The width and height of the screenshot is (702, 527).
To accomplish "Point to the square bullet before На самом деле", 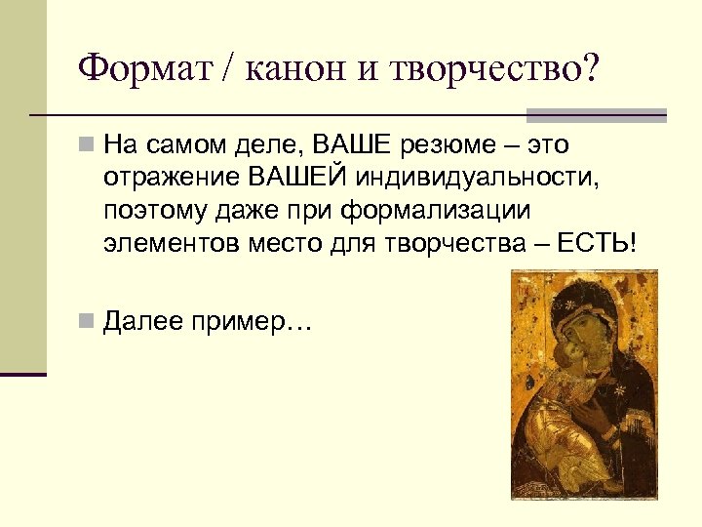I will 86,146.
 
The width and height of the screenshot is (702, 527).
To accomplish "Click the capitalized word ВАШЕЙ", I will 293,178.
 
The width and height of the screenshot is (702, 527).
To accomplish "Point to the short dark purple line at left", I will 23,374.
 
